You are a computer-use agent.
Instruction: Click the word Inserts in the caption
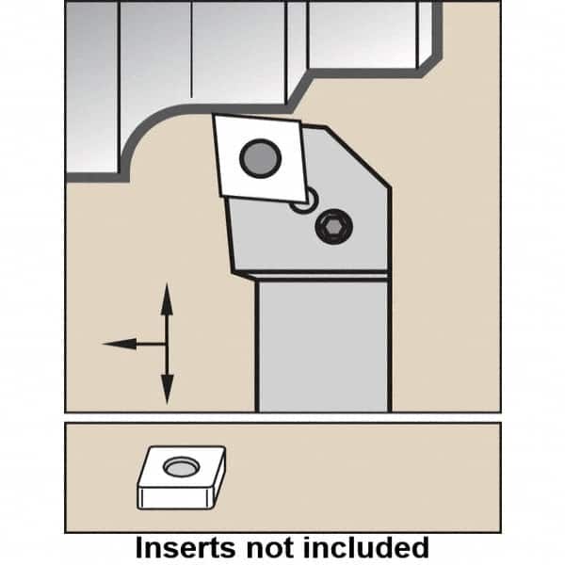(186, 548)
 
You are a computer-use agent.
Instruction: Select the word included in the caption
(366, 548)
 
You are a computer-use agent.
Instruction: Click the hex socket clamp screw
(333, 227)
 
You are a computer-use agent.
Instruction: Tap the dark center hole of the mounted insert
(260, 158)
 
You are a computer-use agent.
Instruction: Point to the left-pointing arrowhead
(120, 344)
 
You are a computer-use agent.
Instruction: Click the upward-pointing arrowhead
(166, 299)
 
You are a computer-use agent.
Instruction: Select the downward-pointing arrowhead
(167, 389)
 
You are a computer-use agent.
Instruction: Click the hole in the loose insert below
(181, 467)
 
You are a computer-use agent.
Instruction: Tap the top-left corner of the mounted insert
(214, 115)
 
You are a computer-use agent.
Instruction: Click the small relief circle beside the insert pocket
(305, 201)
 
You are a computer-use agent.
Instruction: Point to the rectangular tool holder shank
(324, 344)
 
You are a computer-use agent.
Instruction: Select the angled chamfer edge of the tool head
(358, 156)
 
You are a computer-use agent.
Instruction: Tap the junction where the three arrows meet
(167, 344)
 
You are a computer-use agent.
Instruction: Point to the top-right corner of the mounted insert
(299, 121)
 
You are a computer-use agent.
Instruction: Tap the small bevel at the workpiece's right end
(431, 64)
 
